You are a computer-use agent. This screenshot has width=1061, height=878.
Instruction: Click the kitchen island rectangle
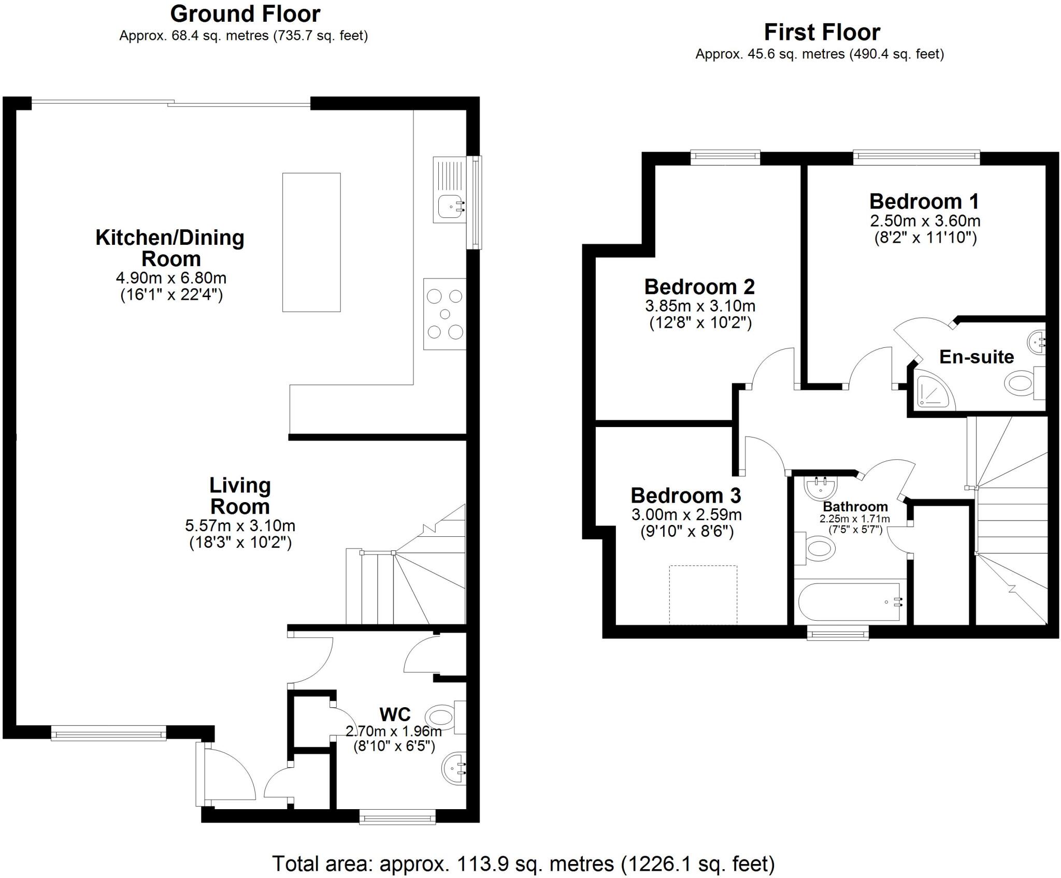click(311, 242)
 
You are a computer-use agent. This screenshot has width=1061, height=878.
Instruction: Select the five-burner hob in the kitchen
click(445, 314)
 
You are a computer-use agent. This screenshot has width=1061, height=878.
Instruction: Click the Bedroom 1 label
click(924, 201)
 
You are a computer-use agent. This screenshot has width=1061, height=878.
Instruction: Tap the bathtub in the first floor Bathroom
click(850, 602)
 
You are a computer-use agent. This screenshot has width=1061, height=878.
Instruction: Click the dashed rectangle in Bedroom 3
click(703, 594)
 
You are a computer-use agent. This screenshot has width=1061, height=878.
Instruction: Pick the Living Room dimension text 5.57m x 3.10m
click(240, 526)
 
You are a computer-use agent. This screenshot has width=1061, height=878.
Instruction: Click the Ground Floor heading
click(245, 14)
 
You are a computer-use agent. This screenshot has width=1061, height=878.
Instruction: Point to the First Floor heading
click(822, 32)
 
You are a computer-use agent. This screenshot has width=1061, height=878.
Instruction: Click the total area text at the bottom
click(523, 864)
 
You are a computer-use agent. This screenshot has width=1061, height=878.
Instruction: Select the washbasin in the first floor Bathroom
click(821, 487)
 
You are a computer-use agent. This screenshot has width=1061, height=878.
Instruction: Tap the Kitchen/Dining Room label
click(170, 248)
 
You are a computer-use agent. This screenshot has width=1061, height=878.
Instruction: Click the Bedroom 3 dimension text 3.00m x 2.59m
click(686, 515)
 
